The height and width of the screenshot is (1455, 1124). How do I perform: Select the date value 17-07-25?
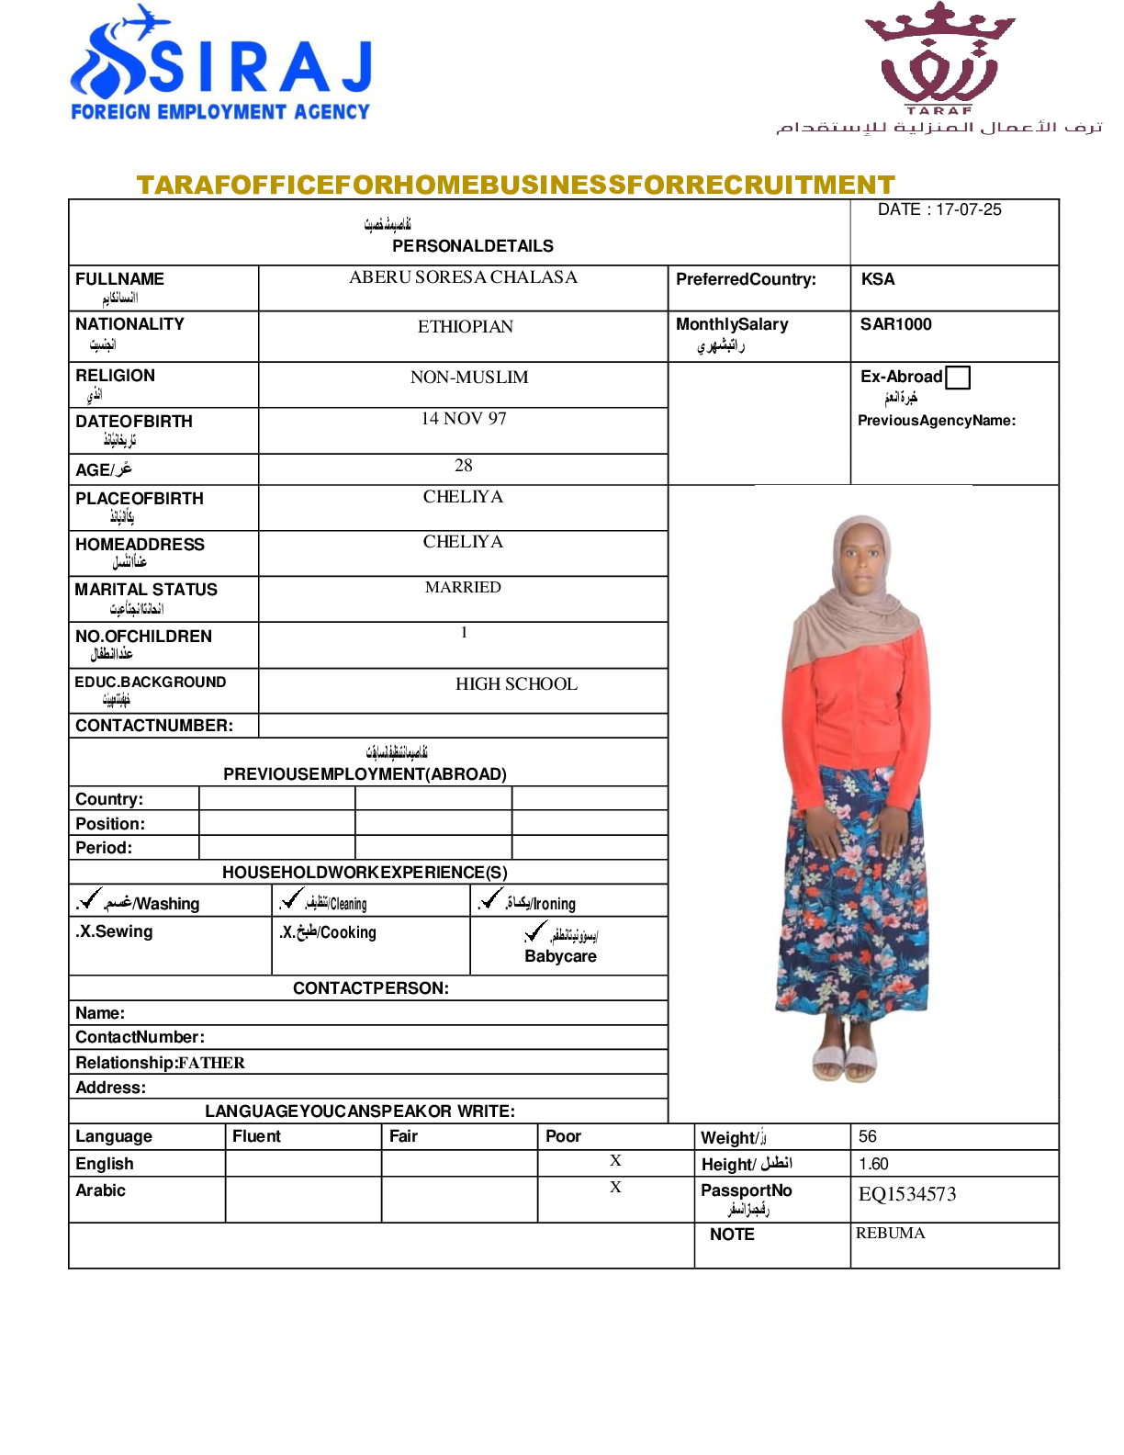click(x=968, y=209)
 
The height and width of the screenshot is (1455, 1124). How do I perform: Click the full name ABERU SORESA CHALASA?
click(x=463, y=277)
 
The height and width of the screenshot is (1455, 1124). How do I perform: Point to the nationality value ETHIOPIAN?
click(x=465, y=327)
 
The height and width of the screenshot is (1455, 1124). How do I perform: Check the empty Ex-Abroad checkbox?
click(x=957, y=378)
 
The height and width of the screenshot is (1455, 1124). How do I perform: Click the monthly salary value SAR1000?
click(x=895, y=324)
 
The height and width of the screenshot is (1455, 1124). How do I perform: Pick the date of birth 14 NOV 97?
click(x=463, y=419)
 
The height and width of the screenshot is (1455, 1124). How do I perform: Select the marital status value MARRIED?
click(x=463, y=587)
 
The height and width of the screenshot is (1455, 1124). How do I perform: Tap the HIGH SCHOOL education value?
click(x=516, y=684)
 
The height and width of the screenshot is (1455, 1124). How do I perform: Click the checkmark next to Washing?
click(x=90, y=898)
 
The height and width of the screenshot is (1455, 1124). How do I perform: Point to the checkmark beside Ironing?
click(x=491, y=898)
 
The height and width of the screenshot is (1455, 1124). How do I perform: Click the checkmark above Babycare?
click(x=535, y=932)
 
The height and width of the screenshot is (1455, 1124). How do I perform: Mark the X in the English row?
click(x=615, y=1161)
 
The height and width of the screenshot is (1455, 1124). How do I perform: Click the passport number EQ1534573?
click(x=907, y=1194)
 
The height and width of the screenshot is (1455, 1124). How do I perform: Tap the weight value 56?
click(x=868, y=1136)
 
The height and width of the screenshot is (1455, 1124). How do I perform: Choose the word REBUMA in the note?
click(x=890, y=1233)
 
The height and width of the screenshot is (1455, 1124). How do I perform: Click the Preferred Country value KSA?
click(x=877, y=279)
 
